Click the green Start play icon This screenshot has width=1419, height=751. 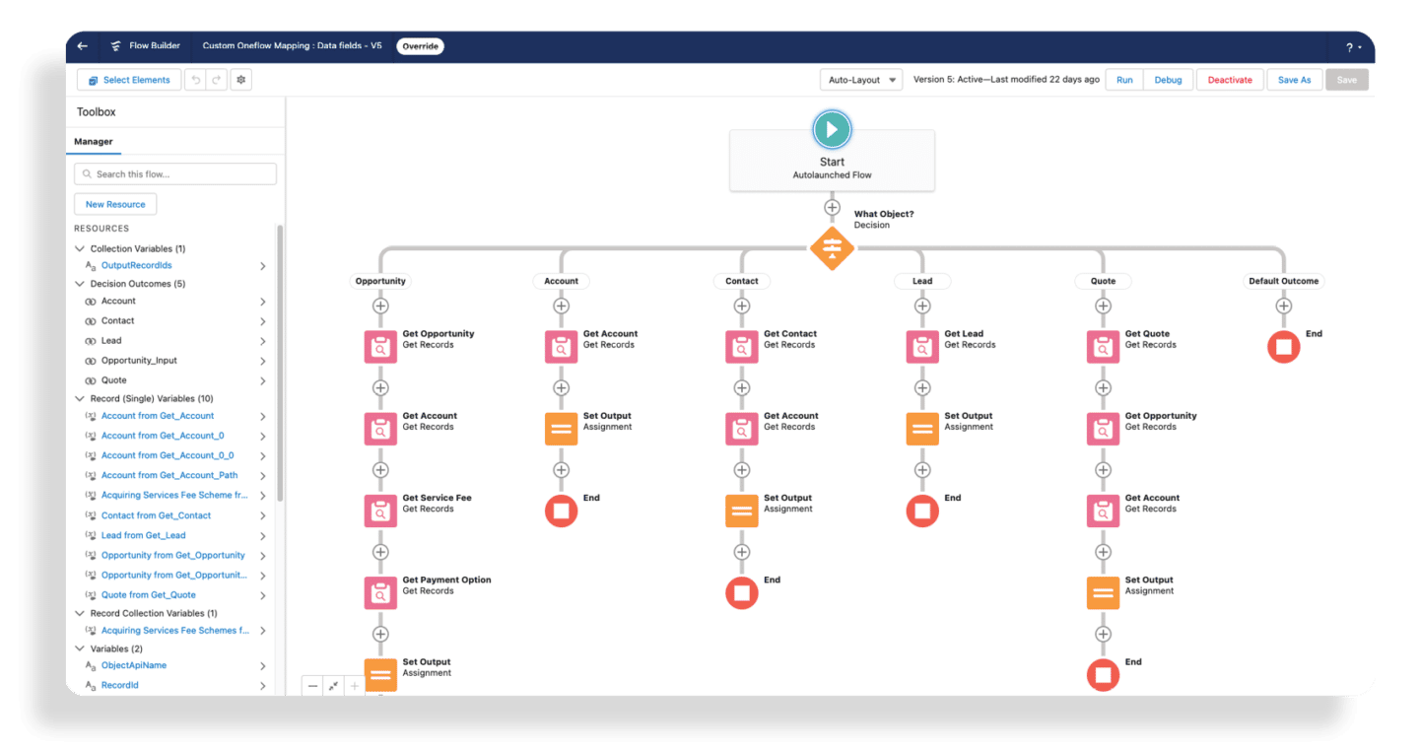pos(832,129)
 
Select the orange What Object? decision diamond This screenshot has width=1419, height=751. pos(832,248)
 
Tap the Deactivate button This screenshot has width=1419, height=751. pos(1230,80)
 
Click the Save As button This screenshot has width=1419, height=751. pos(1294,80)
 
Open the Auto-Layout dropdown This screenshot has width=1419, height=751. pos(861,80)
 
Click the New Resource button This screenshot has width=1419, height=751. pos(115,204)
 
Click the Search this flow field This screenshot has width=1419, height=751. pos(175,173)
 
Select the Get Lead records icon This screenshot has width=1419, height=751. pos(922,347)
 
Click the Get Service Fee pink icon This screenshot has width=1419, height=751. pos(380,511)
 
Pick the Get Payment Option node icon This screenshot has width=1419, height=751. pos(380,592)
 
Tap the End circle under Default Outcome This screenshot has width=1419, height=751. pos(1283,347)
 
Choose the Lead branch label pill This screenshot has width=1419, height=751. pos(922,281)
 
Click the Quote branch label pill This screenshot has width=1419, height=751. pos(1103,281)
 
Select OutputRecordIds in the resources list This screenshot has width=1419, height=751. pos(136,265)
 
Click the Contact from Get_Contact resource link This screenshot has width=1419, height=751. pos(156,515)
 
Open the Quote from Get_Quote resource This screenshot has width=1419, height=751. pos(148,594)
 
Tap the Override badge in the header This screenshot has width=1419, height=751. pos(420,46)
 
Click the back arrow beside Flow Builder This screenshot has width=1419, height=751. pos(83,45)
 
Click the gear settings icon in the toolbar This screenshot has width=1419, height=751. pos(240,80)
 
